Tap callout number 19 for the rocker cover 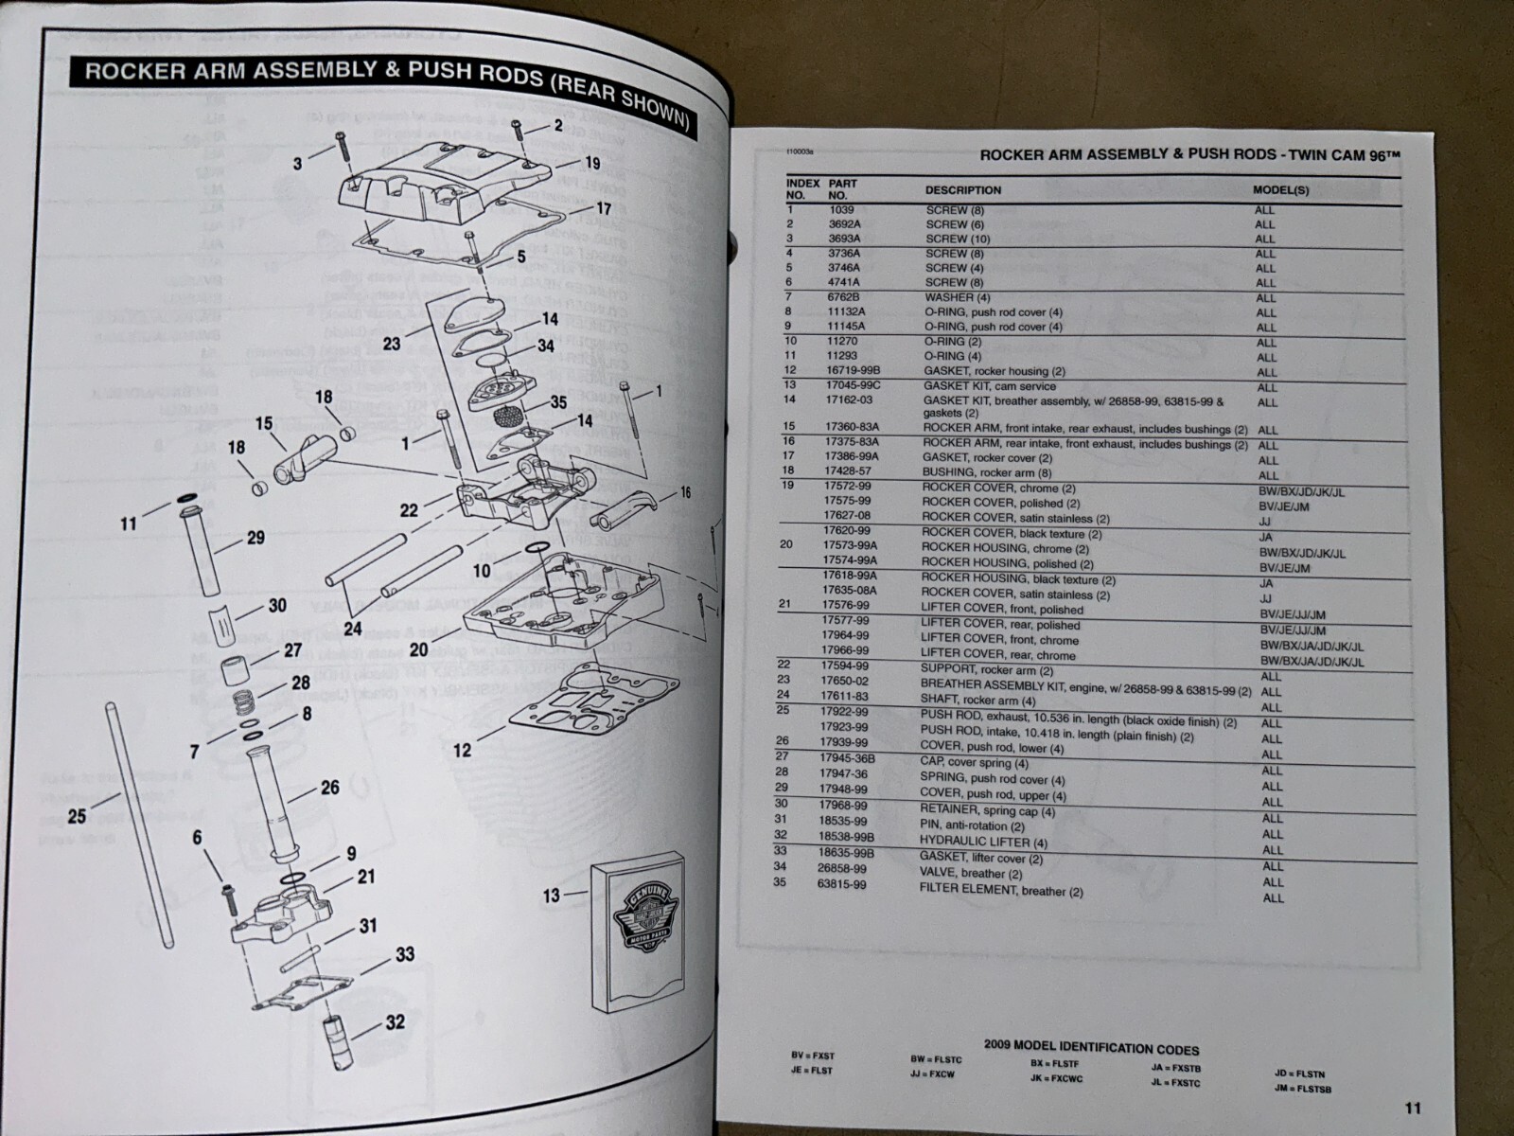coord(593,163)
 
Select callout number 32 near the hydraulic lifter coord(395,1022)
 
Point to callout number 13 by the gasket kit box coord(552,895)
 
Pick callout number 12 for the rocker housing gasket coord(461,751)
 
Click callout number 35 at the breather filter coord(558,402)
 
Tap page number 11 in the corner coord(1412,1109)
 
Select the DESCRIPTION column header coord(962,190)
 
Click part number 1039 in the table coord(841,209)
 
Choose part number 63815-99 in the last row coord(845,884)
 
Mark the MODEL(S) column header coord(1281,190)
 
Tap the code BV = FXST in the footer coord(813,1056)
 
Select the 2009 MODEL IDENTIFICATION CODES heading coord(1091,1049)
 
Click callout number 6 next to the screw coord(197,837)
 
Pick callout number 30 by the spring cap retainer coord(277,606)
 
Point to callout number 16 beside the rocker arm coord(684,492)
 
